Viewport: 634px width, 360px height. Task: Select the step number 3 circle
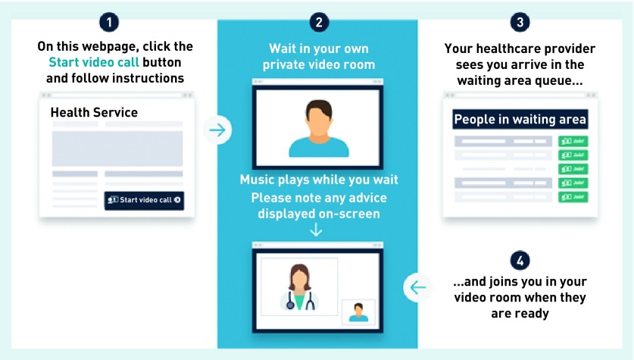coord(519,22)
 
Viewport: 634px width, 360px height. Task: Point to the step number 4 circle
coord(519,260)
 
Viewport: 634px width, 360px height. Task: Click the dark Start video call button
coord(144,200)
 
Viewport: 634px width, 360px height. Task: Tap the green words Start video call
coord(94,62)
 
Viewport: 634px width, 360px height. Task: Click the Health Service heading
coord(94,112)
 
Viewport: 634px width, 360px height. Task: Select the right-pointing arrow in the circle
coord(217,130)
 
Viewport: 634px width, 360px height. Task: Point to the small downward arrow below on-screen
coord(317,230)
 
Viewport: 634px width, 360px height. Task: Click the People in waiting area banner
coord(520,119)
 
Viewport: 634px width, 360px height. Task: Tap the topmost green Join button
coord(573,141)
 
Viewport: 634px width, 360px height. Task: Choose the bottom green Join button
coord(573,197)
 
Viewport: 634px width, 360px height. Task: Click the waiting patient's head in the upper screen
coord(317,114)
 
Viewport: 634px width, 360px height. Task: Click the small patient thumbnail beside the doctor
coord(358,311)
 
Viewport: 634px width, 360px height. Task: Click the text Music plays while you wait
coord(319,180)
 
